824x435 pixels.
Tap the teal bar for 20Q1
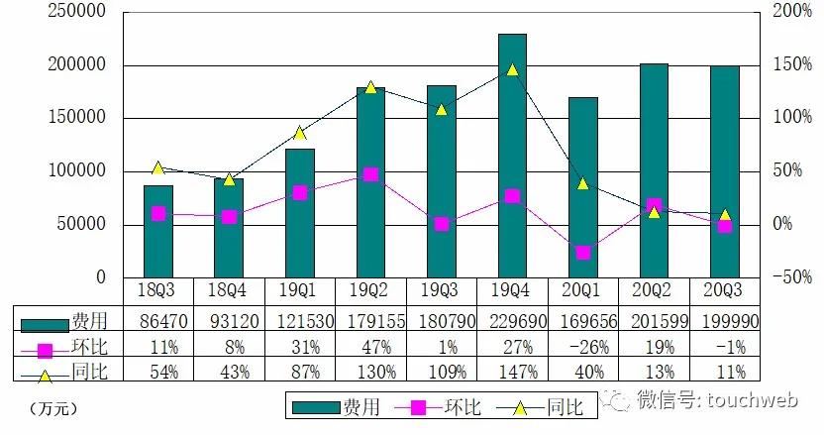coord(583,187)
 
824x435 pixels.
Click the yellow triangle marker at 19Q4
coord(512,69)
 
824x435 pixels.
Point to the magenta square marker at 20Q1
coord(583,253)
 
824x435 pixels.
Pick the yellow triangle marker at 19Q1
coord(300,133)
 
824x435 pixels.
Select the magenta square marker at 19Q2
coord(370,174)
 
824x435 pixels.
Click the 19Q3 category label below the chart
coord(442,290)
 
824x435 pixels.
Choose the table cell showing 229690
coord(512,322)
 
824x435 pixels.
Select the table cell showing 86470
coord(158,322)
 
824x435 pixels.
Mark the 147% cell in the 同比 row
coord(512,373)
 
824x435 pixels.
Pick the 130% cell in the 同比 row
coord(370,373)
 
